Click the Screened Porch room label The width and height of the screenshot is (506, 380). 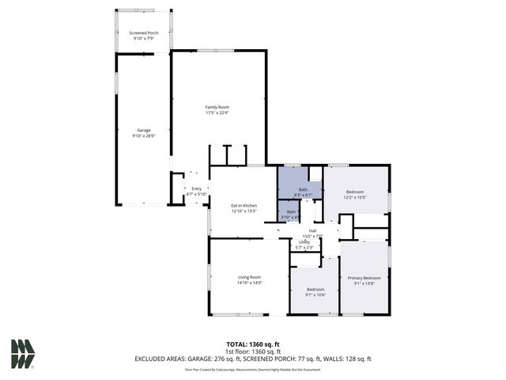point(144,32)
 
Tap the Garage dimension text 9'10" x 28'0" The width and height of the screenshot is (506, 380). point(143,135)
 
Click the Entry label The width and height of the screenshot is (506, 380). point(196,188)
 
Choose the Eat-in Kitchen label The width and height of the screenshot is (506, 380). point(244,206)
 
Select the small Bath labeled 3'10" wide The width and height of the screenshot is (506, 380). point(292,211)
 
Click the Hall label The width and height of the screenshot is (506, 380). point(312,230)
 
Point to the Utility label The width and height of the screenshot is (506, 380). point(304,242)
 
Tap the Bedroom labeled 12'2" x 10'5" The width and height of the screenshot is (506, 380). point(354,192)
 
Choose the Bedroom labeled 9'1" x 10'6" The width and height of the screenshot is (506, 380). point(315,290)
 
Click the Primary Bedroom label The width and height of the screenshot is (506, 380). point(364,278)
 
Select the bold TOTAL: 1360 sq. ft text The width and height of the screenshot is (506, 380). point(252,344)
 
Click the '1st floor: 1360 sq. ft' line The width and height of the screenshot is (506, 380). point(252,351)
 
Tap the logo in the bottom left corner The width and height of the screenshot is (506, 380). point(23,353)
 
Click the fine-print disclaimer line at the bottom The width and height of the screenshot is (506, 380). point(252,369)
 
